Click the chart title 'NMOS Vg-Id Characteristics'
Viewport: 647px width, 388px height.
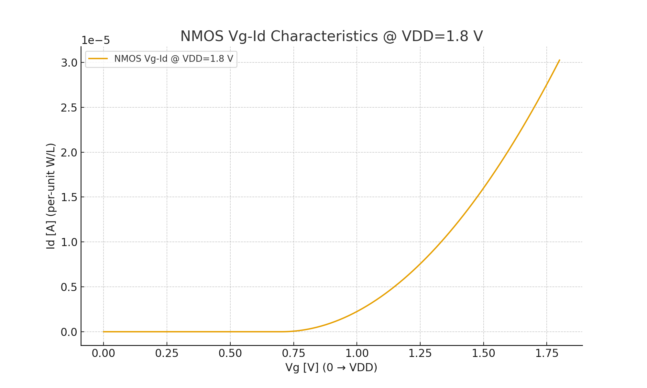[x=331, y=36]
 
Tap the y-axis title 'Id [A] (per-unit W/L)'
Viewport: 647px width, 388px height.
[x=51, y=196]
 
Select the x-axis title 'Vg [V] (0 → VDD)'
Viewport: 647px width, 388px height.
[x=331, y=368]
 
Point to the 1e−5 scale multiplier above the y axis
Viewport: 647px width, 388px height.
[x=95, y=41]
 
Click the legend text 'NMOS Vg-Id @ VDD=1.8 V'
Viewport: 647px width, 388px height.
[x=173, y=59]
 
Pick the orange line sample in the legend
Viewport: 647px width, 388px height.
[x=98, y=59]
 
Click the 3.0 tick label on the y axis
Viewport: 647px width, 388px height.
[x=69, y=63]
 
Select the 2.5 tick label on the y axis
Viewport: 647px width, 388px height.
[x=69, y=108]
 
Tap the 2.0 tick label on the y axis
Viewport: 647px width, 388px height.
[x=69, y=153]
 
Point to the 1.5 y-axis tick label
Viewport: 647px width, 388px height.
[x=69, y=197]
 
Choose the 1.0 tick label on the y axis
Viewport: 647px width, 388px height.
[x=69, y=242]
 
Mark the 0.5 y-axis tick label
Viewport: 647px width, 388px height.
[x=69, y=287]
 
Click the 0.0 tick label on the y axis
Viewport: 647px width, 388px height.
[x=69, y=332]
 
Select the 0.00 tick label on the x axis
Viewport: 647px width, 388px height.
[x=104, y=354]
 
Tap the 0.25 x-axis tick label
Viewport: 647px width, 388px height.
[x=167, y=354]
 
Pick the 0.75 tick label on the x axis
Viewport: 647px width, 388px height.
[x=293, y=354]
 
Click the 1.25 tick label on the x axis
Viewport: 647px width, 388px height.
[x=420, y=354]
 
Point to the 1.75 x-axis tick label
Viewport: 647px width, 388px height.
[x=547, y=354]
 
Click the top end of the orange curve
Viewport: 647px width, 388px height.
[x=559, y=60]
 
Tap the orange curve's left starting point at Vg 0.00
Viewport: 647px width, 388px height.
[x=104, y=332]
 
